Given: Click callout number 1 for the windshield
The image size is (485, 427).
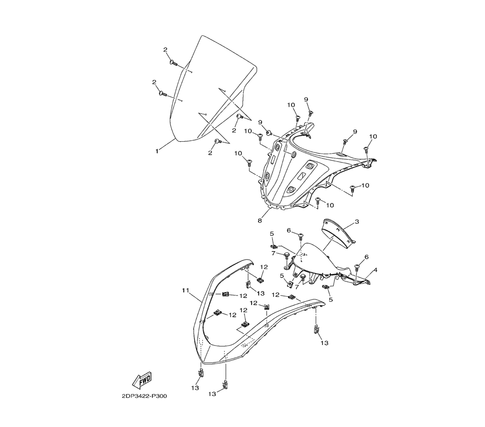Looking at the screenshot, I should [x=157, y=151].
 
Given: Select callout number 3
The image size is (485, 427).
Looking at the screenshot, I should [x=357, y=222].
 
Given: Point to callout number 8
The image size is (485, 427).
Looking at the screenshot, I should [x=260, y=220].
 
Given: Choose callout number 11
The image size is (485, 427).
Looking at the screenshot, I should [x=185, y=290].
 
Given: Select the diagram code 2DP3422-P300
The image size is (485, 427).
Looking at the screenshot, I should [x=145, y=396].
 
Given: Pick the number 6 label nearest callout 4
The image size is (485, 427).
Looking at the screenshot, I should [x=367, y=257].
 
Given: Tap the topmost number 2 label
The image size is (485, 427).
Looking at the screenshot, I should [x=165, y=50].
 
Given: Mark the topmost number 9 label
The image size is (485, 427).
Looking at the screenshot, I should [x=307, y=99].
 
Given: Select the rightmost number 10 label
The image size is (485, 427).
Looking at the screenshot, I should [x=373, y=136].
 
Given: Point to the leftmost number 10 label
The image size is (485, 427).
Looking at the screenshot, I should [x=238, y=153].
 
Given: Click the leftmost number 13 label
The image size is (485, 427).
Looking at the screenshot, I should [x=194, y=388].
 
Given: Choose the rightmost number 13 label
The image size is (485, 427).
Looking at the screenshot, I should [x=324, y=343].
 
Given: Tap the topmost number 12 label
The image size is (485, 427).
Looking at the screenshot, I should [x=264, y=267].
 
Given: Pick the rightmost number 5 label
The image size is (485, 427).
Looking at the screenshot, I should [x=331, y=300].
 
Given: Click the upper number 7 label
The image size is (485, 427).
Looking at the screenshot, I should [x=273, y=253].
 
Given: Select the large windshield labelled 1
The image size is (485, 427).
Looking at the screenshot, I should [x=213, y=92].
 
